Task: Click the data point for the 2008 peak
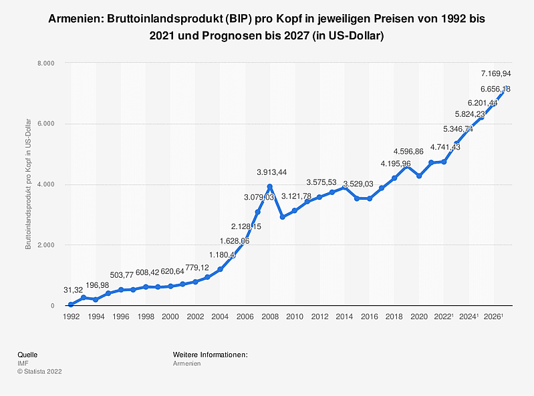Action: coord(269,187)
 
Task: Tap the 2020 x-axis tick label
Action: coord(419,317)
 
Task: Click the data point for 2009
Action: coord(282,217)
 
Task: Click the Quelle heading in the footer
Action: coord(27,354)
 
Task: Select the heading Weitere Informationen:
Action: coord(211,354)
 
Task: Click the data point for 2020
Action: coord(419,176)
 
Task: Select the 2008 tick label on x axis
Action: coord(269,317)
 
